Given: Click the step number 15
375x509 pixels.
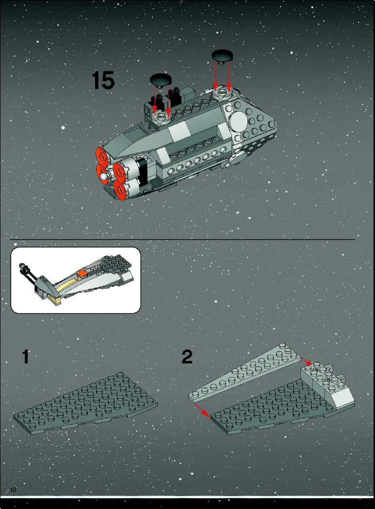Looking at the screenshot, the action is [103, 81].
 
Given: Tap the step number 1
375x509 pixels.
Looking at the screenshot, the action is [25, 357].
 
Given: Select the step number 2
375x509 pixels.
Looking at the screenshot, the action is [187, 357].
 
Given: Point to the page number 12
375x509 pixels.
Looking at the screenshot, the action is [13, 490].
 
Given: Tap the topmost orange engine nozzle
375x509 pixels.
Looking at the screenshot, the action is [102, 156].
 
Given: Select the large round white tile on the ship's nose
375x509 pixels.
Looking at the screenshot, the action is [239, 121].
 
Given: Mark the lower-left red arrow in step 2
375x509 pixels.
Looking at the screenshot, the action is [202, 410].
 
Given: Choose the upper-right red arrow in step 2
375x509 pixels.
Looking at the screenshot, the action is [307, 361].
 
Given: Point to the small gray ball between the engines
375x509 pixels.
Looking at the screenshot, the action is [103, 176].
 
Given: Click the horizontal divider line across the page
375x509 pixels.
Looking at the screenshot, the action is [182, 240].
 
